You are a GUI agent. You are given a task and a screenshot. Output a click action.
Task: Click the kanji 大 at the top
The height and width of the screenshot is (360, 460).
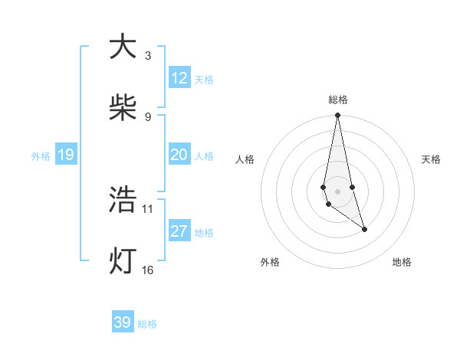point(123,47)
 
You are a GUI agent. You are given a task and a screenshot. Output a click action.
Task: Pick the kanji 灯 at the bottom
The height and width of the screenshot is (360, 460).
point(123,261)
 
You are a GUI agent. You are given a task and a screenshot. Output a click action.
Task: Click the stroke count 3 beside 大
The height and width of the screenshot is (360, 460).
point(147,55)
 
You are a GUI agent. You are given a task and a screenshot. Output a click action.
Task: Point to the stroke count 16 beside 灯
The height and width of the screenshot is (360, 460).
point(148,270)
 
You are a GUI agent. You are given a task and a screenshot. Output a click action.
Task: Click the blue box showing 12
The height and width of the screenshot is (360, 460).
point(179,78)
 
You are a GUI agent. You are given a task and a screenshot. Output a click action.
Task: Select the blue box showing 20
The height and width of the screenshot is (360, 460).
point(179,155)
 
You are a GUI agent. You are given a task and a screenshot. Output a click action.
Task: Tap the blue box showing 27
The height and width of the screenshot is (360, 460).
point(179,231)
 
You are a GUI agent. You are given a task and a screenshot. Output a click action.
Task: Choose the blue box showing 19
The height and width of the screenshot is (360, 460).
point(66,155)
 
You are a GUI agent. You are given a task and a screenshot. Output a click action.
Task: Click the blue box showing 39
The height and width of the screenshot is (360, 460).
point(123,322)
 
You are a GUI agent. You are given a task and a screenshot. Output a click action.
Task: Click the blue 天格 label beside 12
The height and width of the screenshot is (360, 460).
point(204,79)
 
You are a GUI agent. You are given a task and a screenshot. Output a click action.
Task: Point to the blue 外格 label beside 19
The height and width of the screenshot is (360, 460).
point(41,155)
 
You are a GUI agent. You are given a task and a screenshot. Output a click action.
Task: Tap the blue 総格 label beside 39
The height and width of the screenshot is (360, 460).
point(147,324)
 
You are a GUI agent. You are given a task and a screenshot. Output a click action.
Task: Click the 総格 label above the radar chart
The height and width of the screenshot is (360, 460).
point(338,100)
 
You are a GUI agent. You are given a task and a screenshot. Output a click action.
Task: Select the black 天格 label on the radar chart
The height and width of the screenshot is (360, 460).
point(432,159)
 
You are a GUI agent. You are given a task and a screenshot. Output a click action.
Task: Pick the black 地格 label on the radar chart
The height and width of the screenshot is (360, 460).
point(402,262)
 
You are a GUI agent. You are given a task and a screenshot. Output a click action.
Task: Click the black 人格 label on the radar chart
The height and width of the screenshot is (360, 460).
point(245,159)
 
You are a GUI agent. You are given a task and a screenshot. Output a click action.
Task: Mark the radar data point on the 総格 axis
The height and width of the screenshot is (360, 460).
point(337,116)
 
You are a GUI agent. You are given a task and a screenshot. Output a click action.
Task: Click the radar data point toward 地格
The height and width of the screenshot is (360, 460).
point(364,229)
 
